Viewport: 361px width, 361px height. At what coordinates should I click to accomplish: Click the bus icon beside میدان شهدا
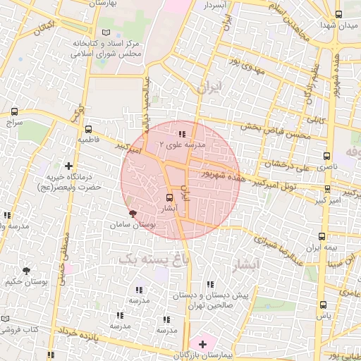[x=339, y=14]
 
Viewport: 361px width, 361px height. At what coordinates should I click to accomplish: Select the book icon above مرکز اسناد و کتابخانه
[x=106, y=32]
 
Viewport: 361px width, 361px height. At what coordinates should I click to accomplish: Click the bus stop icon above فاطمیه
[x=88, y=130]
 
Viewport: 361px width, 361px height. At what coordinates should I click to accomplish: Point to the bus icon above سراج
[x=16, y=111]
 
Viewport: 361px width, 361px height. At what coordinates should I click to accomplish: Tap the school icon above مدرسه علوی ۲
[x=182, y=133]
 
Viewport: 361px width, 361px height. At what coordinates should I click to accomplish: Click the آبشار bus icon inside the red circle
[x=169, y=198]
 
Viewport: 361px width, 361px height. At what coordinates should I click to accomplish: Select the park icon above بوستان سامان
[x=133, y=213]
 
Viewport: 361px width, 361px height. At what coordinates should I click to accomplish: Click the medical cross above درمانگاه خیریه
[x=68, y=166]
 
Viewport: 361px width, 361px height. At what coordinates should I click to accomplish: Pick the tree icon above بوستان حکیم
[x=27, y=270]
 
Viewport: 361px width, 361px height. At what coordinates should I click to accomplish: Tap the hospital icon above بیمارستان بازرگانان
[x=203, y=344]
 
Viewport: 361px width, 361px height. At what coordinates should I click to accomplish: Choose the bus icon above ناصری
[x=326, y=155]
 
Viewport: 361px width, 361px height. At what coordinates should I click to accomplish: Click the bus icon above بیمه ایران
[x=322, y=237]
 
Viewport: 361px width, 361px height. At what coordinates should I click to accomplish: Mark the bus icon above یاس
[x=324, y=305]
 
